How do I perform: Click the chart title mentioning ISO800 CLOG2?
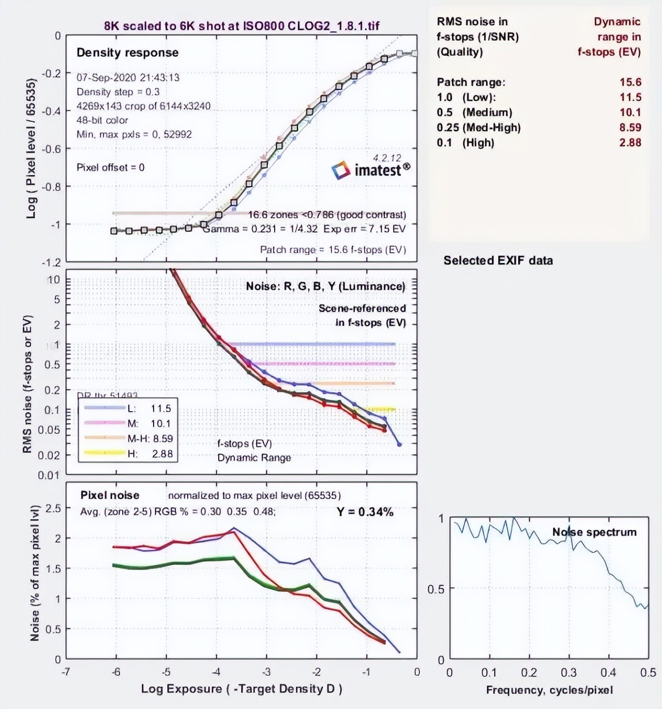[242, 26]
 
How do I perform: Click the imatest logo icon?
[341, 170]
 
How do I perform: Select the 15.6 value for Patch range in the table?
[630, 82]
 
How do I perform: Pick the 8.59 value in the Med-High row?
[630, 128]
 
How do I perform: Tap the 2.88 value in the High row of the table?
[630, 143]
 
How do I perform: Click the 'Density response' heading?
[127, 53]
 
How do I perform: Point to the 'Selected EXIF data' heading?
[498, 260]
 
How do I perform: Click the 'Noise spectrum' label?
[594, 532]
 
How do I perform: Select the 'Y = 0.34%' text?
[365, 512]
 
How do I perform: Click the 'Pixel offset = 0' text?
[110, 167]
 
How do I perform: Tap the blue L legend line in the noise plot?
[104, 408]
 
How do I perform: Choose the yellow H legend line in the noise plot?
[104, 453]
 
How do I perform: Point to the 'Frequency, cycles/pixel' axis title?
[549, 690]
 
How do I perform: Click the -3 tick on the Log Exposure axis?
[266, 672]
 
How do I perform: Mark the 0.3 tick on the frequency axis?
[568, 673]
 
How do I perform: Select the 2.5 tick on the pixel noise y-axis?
[53, 508]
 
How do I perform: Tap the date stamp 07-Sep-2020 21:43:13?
[128, 78]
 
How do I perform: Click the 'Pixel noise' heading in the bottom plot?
[110, 495]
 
